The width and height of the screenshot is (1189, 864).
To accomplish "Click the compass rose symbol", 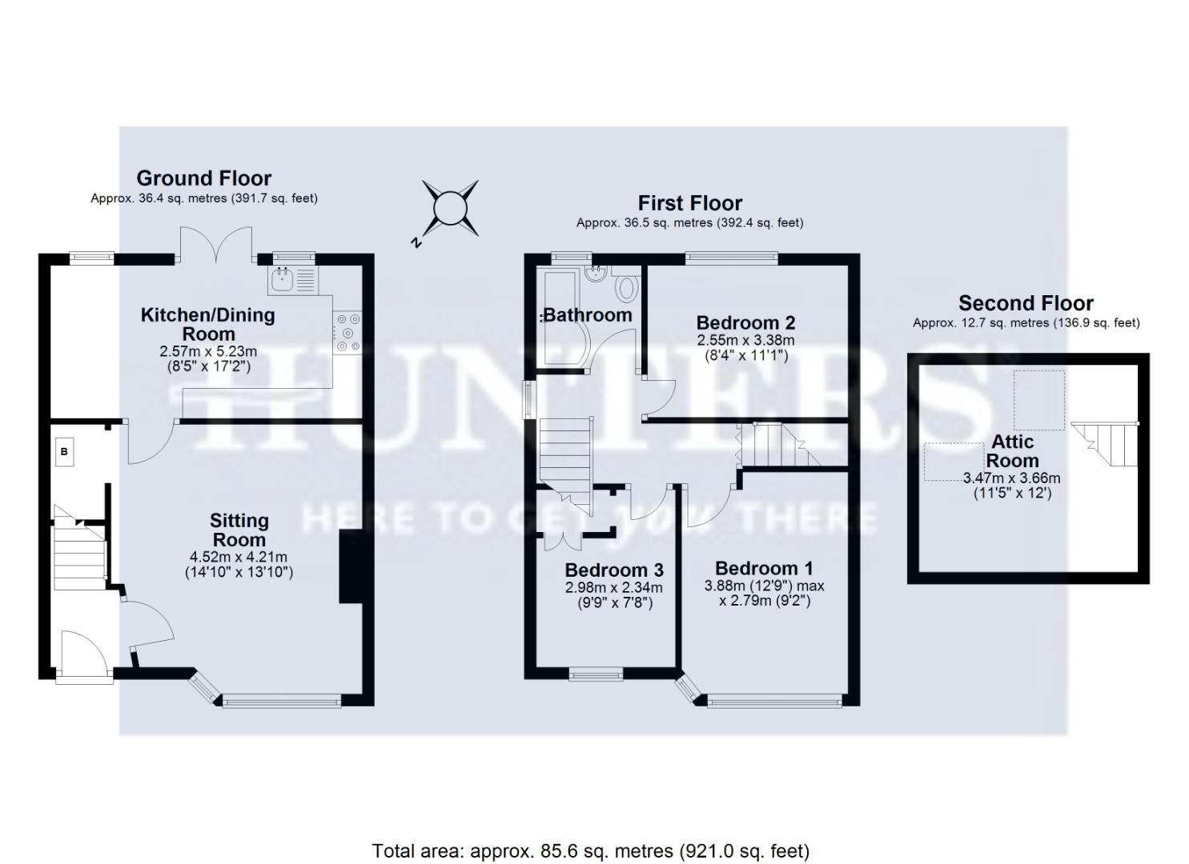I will [x=450, y=209].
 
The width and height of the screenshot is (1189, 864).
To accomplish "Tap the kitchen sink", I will [x=283, y=279].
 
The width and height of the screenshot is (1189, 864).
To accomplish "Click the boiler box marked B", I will [x=65, y=452].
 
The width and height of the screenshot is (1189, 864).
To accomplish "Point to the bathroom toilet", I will [x=627, y=286].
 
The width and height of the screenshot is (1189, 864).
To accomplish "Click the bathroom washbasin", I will [x=594, y=275].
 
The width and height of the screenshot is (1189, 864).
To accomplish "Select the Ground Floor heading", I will [x=203, y=178].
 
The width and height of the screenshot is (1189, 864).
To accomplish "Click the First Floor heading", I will [x=689, y=203].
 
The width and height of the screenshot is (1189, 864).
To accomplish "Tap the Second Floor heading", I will [x=1026, y=303].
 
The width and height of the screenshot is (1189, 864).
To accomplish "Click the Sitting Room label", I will [x=239, y=530].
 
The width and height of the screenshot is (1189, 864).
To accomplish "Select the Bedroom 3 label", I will [x=614, y=570].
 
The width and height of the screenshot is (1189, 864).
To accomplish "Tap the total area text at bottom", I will [x=591, y=850].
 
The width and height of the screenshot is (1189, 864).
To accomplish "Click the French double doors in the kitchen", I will [x=216, y=243].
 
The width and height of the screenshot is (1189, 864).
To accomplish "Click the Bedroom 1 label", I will [x=764, y=568].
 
